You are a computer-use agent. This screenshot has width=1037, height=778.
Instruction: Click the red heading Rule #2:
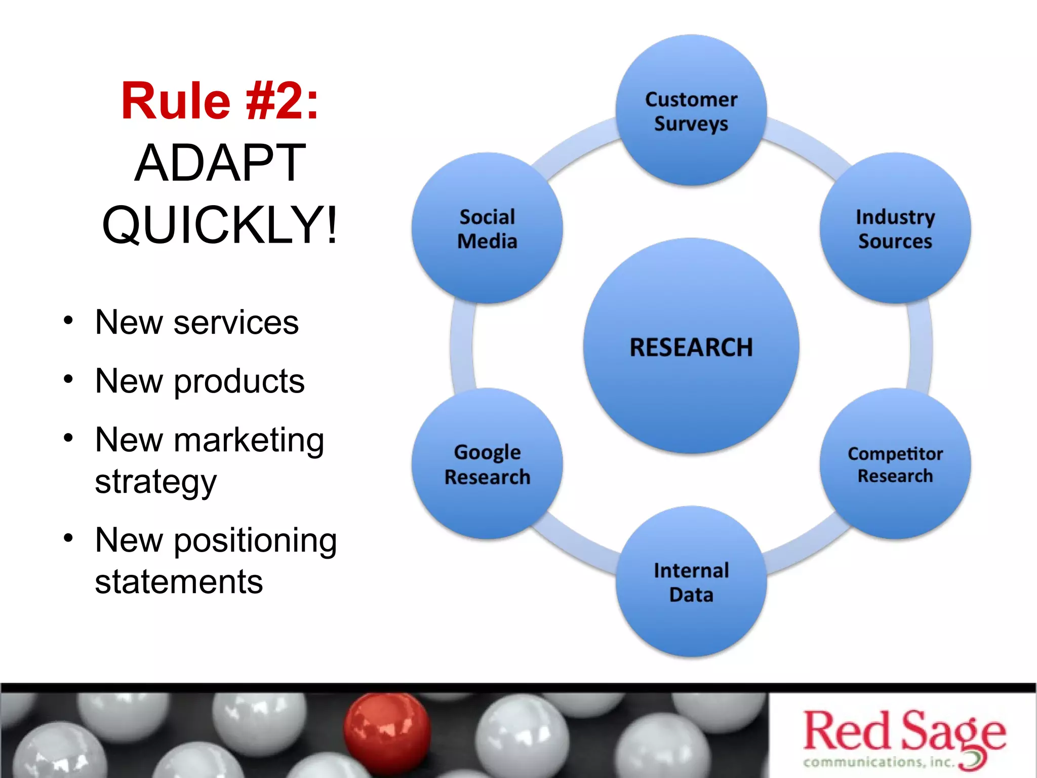pyautogui.click(x=220, y=101)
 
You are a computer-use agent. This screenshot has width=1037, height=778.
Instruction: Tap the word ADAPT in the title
pyautogui.click(x=220, y=163)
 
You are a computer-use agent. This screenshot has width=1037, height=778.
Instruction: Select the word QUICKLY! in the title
pyautogui.click(x=220, y=224)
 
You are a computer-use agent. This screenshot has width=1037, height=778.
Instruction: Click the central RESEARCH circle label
pyautogui.click(x=691, y=347)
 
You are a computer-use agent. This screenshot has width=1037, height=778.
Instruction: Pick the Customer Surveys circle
pyautogui.click(x=691, y=111)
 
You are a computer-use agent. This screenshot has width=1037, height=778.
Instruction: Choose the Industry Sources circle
pyautogui.click(x=895, y=229)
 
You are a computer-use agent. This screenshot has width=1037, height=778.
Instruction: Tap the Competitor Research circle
pyautogui.click(x=895, y=464)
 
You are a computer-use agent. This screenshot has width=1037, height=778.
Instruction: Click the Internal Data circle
pyautogui.click(x=691, y=582)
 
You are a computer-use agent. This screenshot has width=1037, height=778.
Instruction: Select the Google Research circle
pyautogui.click(x=487, y=464)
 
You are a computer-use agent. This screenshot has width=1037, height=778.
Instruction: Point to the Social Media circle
pyautogui.click(x=487, y=229)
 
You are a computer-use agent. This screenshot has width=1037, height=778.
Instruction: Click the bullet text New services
pyautogui.click(x=196, y=322)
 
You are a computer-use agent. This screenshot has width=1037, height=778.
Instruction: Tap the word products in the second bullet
pyautogui.click(x=239, y=381)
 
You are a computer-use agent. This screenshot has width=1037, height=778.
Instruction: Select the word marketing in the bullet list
pyautogui.click(x=249, y=440)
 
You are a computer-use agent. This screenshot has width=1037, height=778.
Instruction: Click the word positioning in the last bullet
pyautogui.click(x=255, y=540)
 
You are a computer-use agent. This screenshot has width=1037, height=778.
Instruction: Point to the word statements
pyautogui.click(x=179, y=582)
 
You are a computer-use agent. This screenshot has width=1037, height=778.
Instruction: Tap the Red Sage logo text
pyautogui.click(x=904, y=731)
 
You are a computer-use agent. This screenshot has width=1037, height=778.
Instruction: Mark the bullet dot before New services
pyautogui.click(x=68, y=321)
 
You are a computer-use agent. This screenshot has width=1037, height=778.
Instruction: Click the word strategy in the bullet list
pyautogui.click(x=155, y=482)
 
